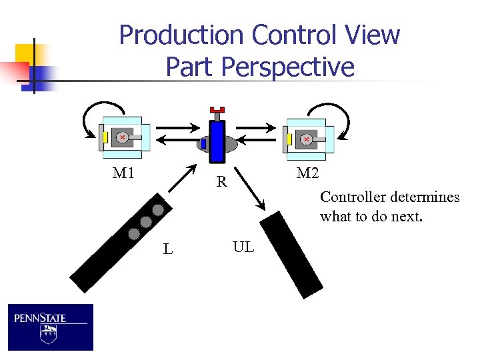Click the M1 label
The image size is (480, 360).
(x=123, y=174)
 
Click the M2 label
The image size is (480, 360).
(x=308, y=174)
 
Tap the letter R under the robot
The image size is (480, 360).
(x=221, y=181)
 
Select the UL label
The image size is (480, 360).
(x=243, y=247)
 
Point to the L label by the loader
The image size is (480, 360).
(x=168, y=250)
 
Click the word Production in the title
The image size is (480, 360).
(x=179, y=35)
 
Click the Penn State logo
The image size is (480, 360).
(x=51, y=327)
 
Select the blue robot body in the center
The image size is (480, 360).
(x=217, y=141)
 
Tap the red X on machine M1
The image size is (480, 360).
(x=123, y=137)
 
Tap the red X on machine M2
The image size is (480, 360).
(x=306, y=139)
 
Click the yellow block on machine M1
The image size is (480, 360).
(x=105, y=137)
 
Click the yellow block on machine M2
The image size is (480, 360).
(x=289, y=139)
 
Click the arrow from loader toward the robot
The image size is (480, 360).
(x=183, y=179)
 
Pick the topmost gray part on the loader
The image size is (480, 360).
(x=158, y=210)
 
